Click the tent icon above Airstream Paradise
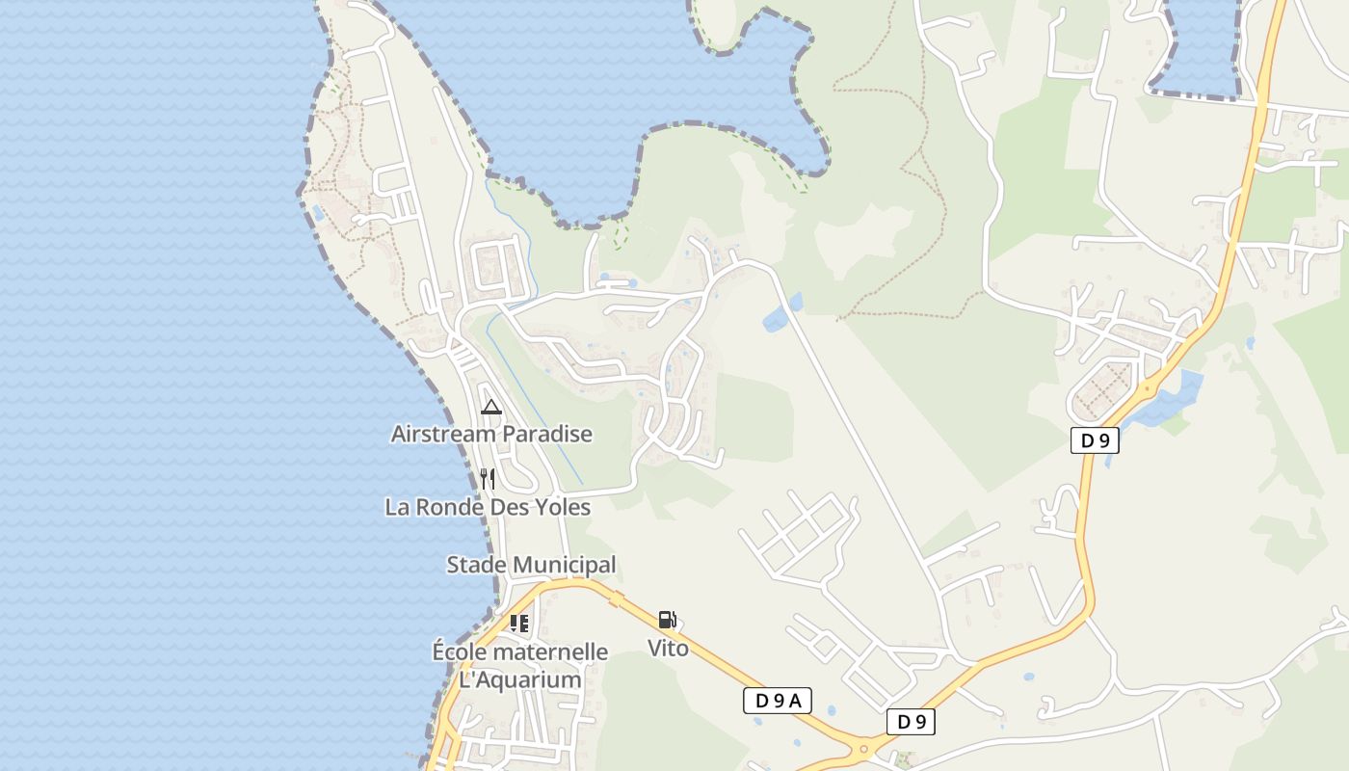490,407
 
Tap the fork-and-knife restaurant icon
488,478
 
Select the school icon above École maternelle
519,624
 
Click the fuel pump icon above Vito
667,620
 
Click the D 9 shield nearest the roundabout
911,721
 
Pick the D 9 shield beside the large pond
1095,440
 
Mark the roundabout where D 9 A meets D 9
863,747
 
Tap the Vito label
668,649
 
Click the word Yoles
560,507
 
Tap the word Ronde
447,507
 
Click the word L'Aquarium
520,679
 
